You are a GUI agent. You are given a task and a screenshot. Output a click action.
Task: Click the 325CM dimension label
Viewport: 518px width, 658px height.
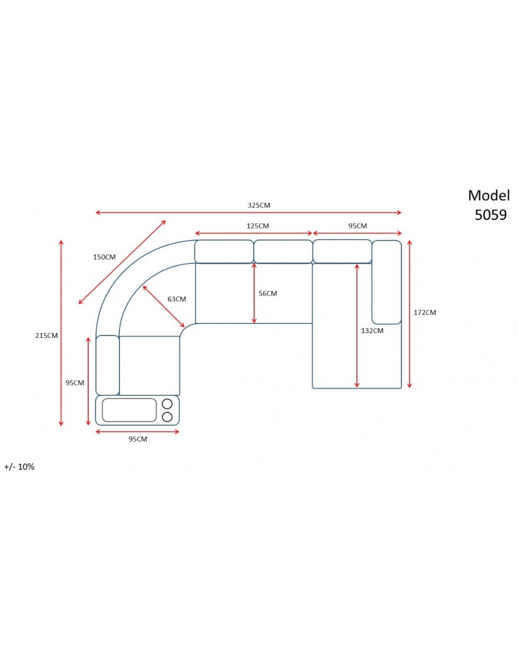coord(259,205)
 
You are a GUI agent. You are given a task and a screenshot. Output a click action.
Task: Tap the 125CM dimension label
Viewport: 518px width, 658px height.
coord(257,226)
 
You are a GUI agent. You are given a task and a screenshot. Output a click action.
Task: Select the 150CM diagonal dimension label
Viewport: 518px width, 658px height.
coord(104,257)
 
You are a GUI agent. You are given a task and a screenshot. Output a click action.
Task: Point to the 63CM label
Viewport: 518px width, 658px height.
coord(176,299)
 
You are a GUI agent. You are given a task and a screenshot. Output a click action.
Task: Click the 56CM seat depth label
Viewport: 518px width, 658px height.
coord(268,293)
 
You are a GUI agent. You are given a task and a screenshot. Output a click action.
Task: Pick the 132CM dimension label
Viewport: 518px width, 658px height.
coord(372,330)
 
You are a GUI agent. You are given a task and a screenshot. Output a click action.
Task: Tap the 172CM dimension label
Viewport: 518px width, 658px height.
coord(425,312)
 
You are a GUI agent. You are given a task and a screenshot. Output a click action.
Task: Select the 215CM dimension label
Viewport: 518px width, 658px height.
coord(47,336)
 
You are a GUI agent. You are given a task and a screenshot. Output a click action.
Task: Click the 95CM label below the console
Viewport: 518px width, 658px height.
coord(138,439)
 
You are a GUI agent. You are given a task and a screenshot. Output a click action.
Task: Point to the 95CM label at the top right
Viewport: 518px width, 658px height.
coord(357,226)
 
